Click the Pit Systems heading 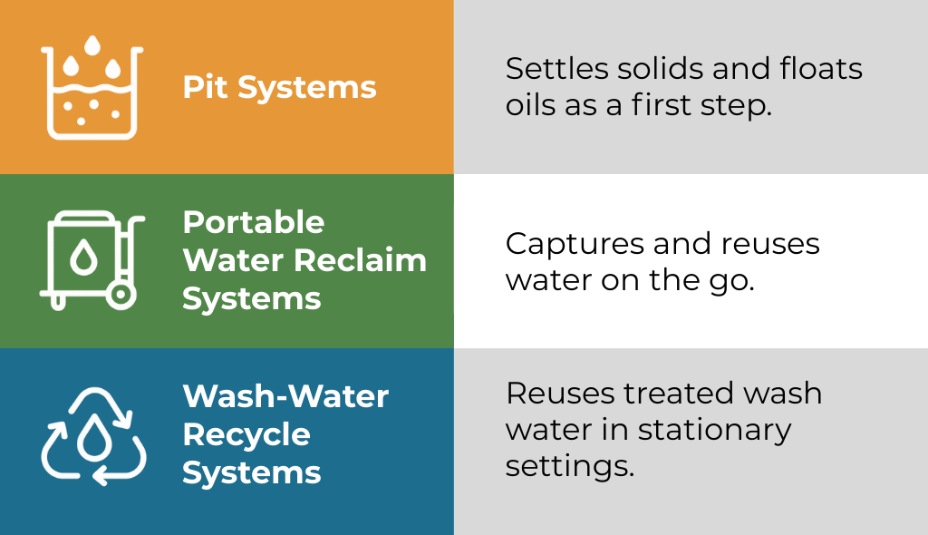pyautogui.click(x=279, y=88)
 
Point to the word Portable pyautogui.click(x=254, y=222)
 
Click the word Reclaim pyautogui.click(x=360, y=260)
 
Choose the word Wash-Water pyautogui.click(x=285, y=395)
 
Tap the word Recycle pyautogui.click(x=246, y=435)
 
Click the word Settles pyautogui.click(x=557, y=68)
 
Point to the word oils pyautogui.click(x=530, y=105)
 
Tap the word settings pyautogui.click(x=570, y=466)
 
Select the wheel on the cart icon pyautogui.click(x=121, y=295)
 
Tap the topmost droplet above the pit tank pyautogui.click(x=92, y=45)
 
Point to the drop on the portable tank pyautogui.click(x=84, y=258)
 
